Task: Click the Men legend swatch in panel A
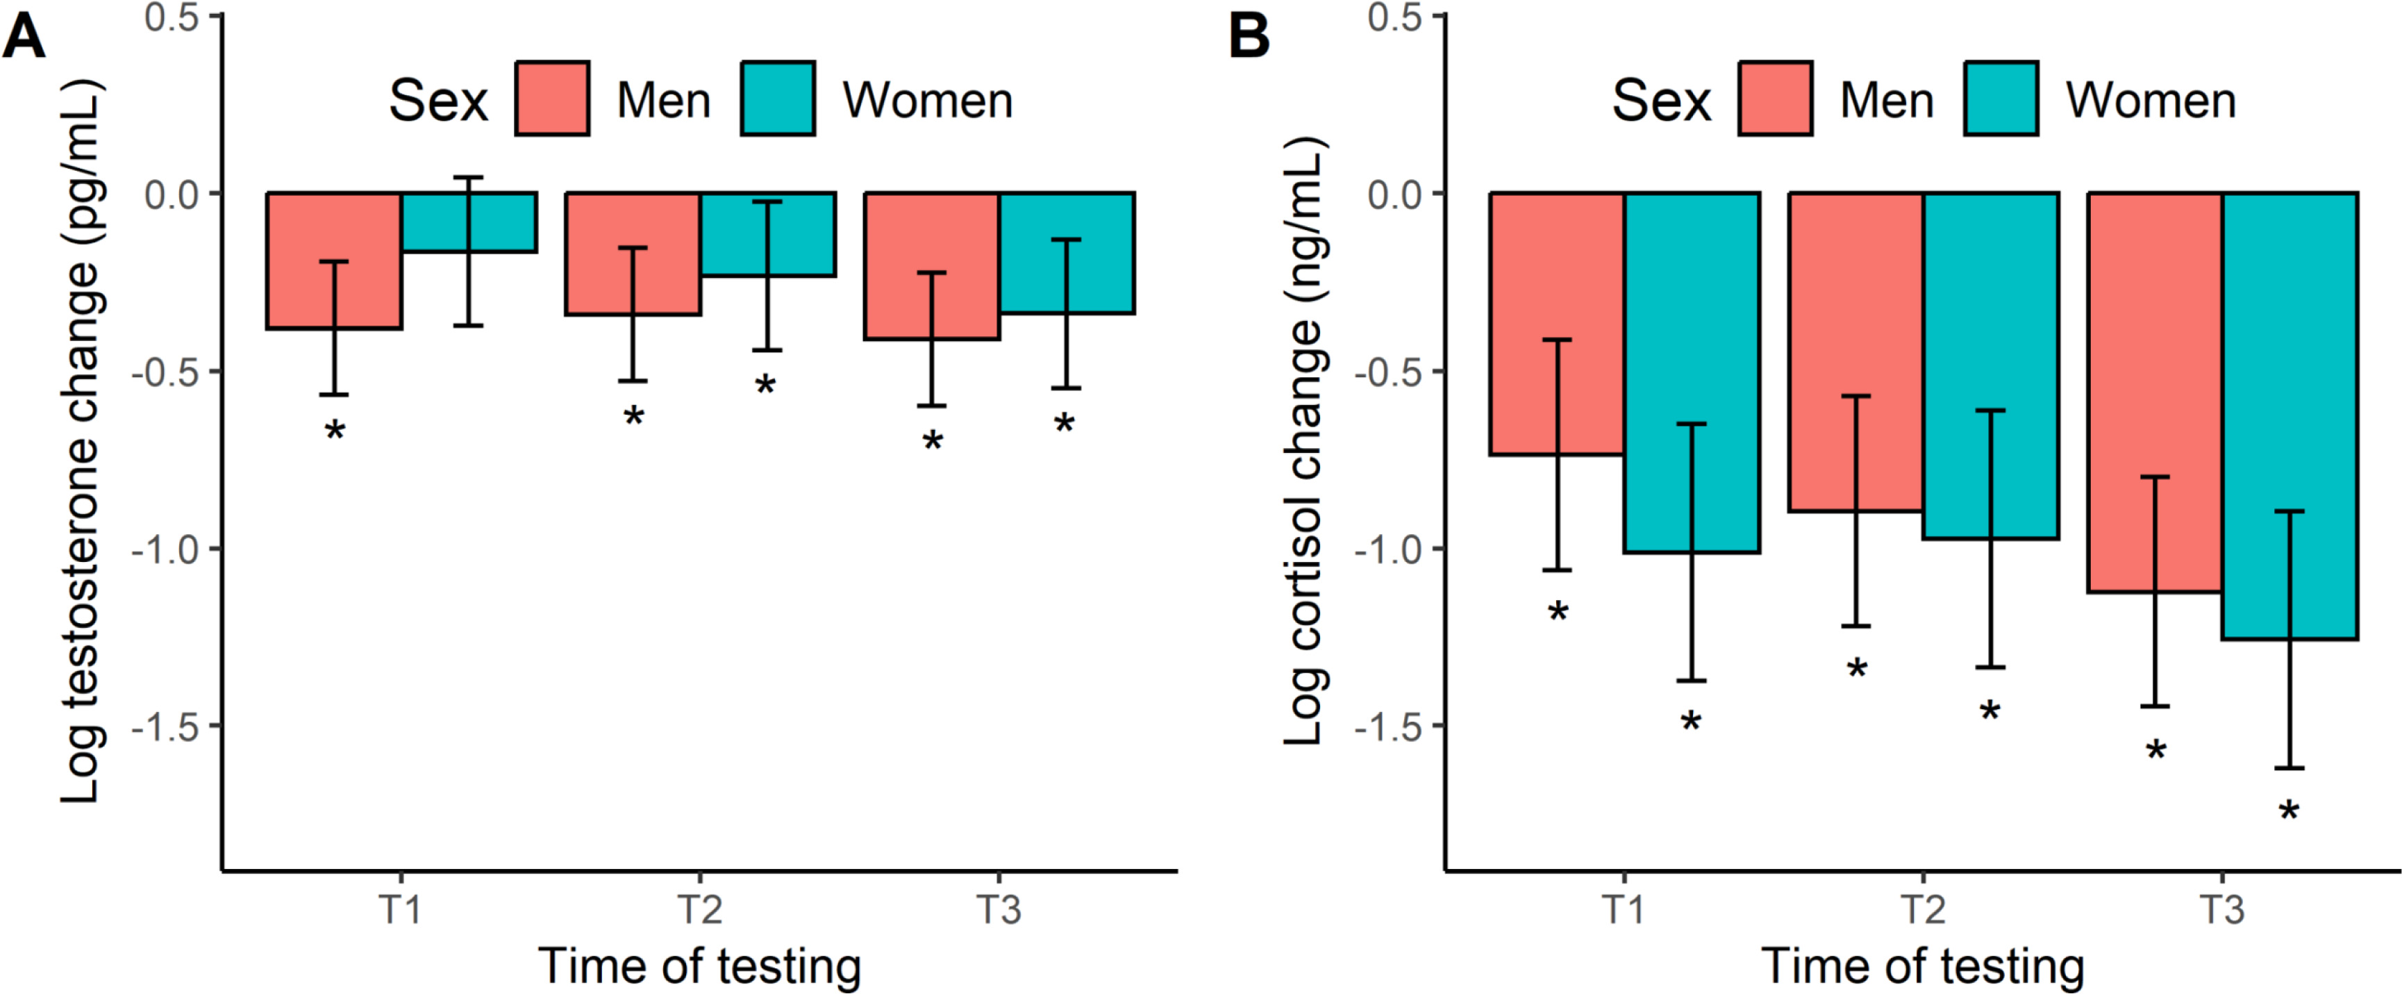tap(552, 99)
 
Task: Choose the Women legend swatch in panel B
tap(2001, 99)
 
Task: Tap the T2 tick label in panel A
tap(699, 909)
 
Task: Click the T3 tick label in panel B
tap(2223, 909)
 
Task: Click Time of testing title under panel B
tap(1923, 966)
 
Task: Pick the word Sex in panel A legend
tap(438, 101)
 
